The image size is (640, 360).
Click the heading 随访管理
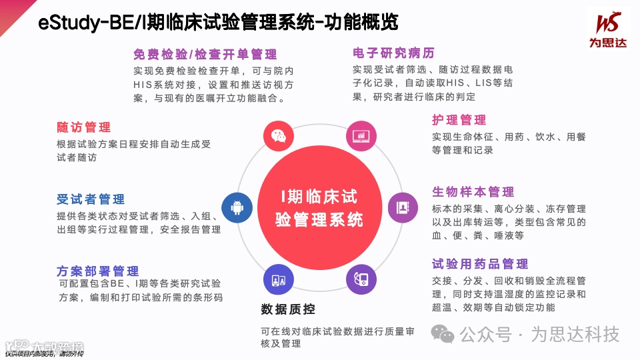click(84, 127)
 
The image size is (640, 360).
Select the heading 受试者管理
click(91, 199)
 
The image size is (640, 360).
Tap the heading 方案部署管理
click(98, 271)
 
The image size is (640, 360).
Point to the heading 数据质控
click(288, 309)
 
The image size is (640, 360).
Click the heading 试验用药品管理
click(480, 264)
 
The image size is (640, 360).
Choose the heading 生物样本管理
click(473, 192)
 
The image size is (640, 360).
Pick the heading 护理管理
click(459, 120)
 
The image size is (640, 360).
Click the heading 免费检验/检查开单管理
click(205, 55)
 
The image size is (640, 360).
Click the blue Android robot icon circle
click(237, 207)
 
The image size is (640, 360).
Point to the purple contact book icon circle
click(403, 207)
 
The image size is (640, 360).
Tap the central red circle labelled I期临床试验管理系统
click(320, 207)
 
